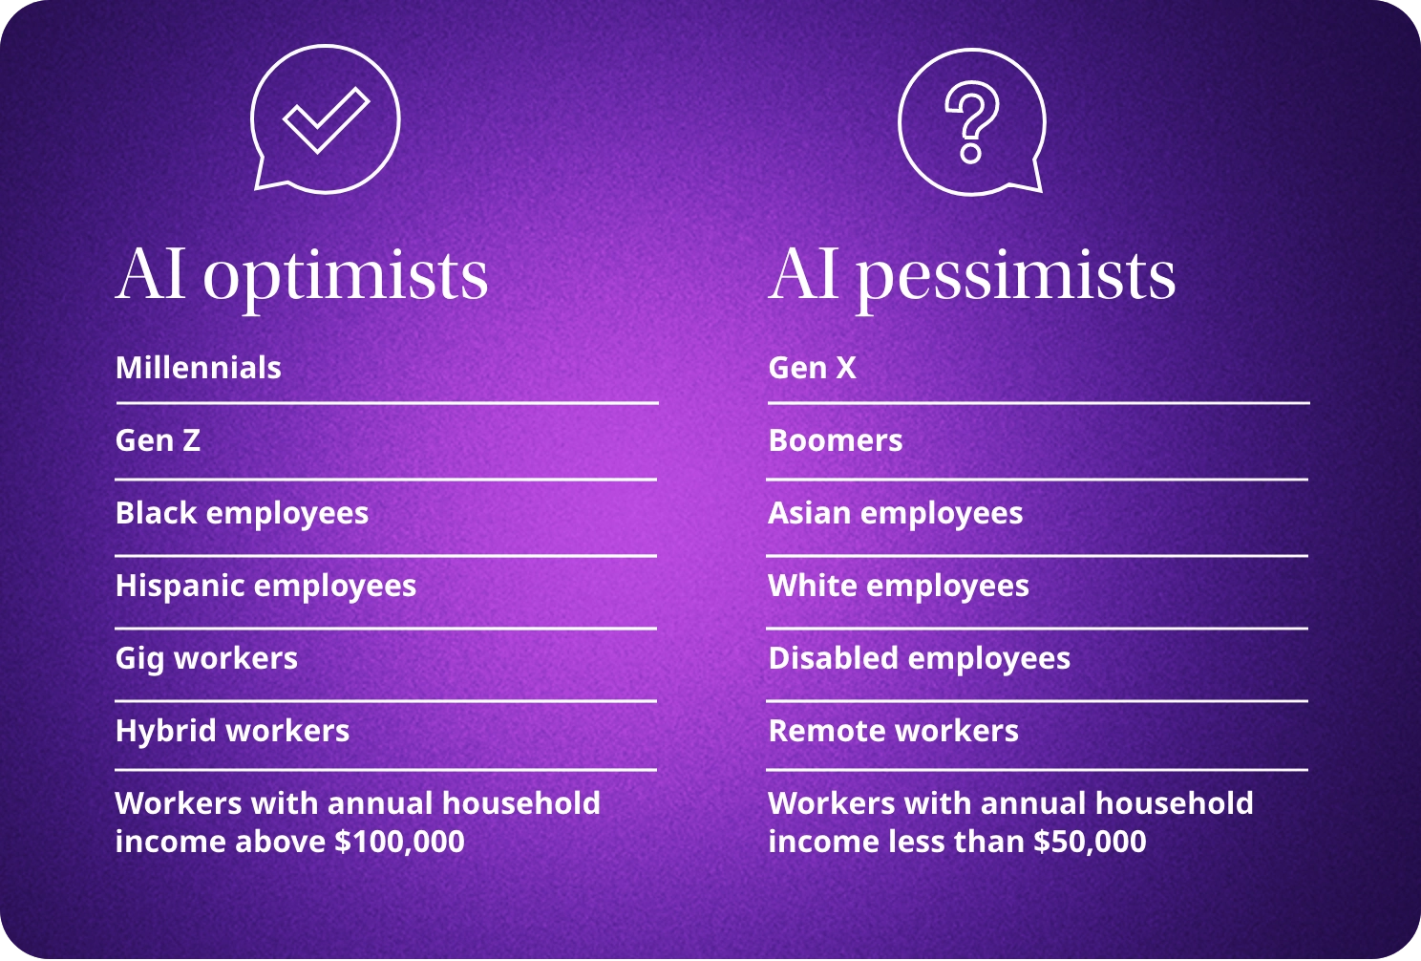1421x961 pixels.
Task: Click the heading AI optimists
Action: pos(302,277)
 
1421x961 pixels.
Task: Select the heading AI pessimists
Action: pos(971,277)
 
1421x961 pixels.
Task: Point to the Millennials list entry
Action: pos(198,368)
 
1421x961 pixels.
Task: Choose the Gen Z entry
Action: pos(158,440)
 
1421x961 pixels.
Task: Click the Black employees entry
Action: pos(242,514)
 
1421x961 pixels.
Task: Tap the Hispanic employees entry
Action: pos(265,586)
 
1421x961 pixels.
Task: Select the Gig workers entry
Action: pos(206,658)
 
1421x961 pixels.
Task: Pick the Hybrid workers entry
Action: pos(232,731)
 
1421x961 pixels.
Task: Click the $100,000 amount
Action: pos(399,842)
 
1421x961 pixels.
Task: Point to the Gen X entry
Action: pos(812,368)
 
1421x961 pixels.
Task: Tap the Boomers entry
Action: pos(835,440)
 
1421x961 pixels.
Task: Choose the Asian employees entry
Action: pos(895,514)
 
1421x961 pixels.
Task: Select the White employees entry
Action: pos(899,586)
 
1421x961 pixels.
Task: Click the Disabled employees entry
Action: pos(920,658)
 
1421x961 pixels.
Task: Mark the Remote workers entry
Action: pos(893,731)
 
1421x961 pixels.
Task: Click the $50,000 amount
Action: pos(1090,842)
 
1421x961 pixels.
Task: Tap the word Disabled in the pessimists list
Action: pos(833,657)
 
